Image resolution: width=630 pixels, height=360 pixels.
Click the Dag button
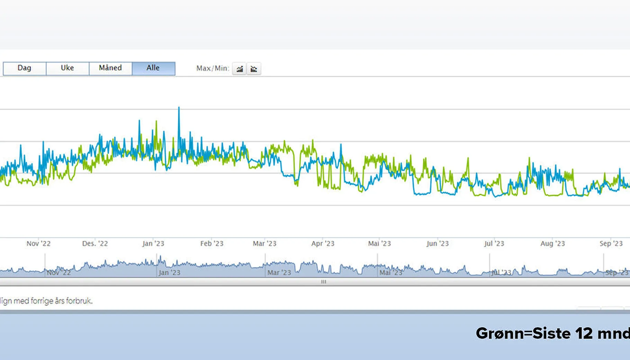click(x=24, y=68)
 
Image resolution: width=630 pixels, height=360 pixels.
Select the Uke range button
click(x=67, y=68)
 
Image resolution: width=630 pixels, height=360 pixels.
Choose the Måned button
click(x=110, y=68)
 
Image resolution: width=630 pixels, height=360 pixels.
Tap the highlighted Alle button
click(x=153, y=68)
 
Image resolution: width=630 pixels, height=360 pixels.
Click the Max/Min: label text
click(x=213, y=69)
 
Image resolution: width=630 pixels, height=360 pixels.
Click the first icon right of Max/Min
click(x=240, y=69)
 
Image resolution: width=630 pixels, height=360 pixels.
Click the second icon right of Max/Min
click(x=254, y=69)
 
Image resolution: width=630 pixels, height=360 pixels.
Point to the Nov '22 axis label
click(x=38, y=244)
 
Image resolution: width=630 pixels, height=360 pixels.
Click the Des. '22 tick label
click(x=95, y=244)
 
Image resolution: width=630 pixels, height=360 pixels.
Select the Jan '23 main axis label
click(x=153, y=244)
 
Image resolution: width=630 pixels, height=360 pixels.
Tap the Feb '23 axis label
click(x=212, y=244)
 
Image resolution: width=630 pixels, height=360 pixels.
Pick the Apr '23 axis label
click(x=323, y=244)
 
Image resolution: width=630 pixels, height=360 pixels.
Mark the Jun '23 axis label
click(x=438, y=244)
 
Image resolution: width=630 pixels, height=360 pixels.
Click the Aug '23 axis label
click(x=553, y=244)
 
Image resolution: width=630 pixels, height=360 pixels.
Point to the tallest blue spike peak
click(x=179, y=108)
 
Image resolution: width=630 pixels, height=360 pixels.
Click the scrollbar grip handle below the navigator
click(x=324, y=282)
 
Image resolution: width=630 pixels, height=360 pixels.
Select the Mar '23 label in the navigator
click(x=279, y=273)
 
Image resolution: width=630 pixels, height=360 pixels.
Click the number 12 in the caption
click(x=584, y=334)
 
